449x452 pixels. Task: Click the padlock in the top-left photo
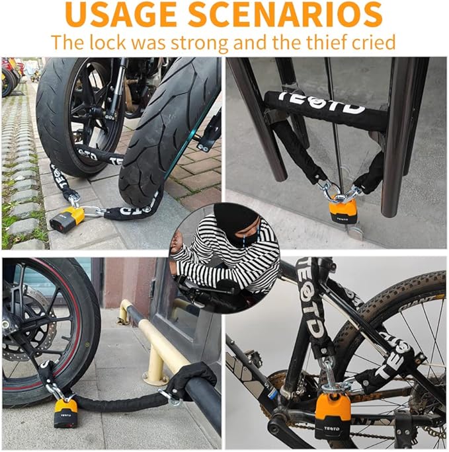tap(67, 219)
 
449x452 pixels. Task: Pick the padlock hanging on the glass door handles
tap(343, 210)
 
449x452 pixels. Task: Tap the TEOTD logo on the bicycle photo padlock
tap(338, 427)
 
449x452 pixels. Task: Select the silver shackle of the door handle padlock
tap(341, 193)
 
